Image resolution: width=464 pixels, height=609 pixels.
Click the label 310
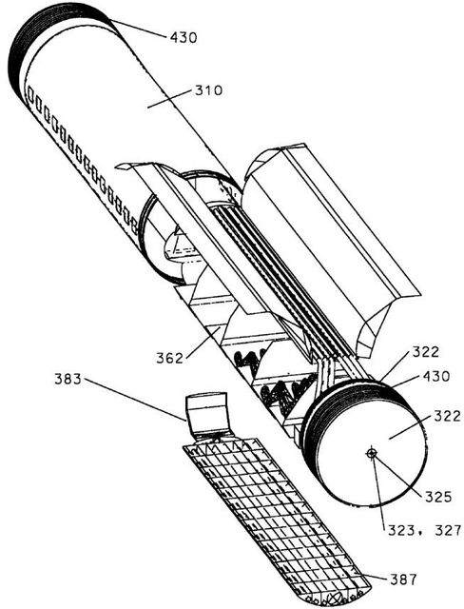[x=208, y=90]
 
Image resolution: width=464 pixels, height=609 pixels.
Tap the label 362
[x=169, y=358]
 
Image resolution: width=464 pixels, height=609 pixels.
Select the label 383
[x=68, y=379]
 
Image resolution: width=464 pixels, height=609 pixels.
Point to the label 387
[x=403, y=580]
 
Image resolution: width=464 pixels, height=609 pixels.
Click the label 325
[x=438, y=497]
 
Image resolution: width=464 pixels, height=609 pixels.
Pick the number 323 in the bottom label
[x=401, y=530]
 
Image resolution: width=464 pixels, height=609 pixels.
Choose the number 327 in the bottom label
[x=447, y=530]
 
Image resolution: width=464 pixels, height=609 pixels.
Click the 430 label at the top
[x=184, y=37]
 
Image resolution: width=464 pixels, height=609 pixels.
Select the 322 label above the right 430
[x=425, y=351]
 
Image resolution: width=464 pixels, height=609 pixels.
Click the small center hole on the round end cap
[x=372, y=453]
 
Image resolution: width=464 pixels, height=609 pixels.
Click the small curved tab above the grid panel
[x=205, y=412]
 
